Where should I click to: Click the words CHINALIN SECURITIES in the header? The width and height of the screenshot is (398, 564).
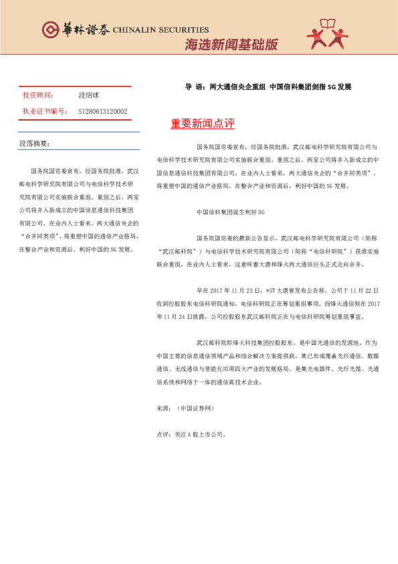point(161,30)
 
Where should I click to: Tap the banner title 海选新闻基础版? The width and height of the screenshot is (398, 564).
point(231,46)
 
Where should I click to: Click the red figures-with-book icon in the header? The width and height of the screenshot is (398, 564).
point(327,34)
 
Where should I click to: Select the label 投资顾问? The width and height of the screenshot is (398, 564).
point(38,96)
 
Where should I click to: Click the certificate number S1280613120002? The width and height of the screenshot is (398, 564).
point(103,111)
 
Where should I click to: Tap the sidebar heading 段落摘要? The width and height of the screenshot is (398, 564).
point(35,143)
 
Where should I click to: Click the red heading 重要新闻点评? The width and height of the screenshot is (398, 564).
point(203,124)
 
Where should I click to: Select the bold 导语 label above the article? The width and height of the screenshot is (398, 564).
point(195,87)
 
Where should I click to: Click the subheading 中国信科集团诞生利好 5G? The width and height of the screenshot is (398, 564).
point(231,212)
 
